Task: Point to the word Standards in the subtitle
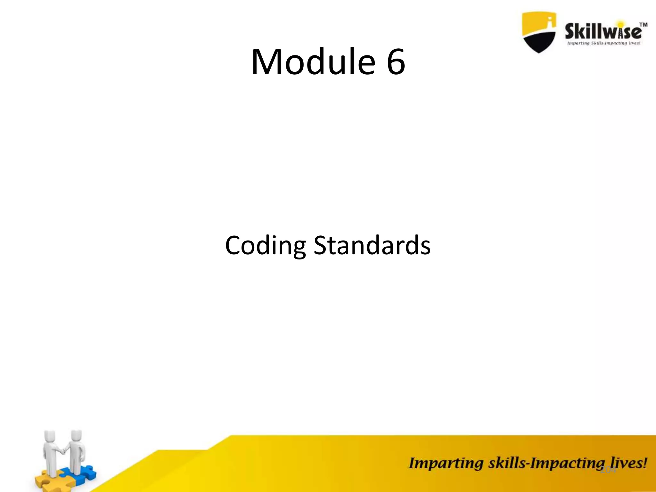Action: click(x=372, y=245)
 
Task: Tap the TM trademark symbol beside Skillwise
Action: click(x=643, y=25)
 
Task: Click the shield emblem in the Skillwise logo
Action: click(x=538, y=32)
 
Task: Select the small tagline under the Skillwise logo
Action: click(x=603, y=43)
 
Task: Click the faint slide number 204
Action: click(x=608, y=470)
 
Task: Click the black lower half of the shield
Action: click(x=539, y=42)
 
